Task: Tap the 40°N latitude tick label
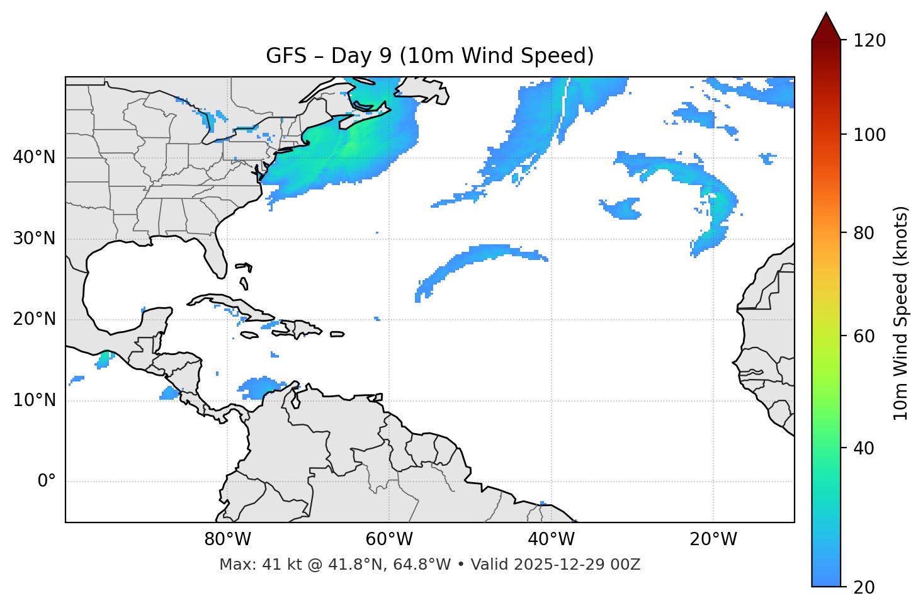click(34, 157)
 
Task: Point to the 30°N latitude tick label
click(34, 239)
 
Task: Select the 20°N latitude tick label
click(34, 319)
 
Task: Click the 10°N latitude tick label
click(34, 400)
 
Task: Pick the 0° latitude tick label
click(47, 482)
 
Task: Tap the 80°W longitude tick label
click(227, 539)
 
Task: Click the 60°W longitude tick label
click(389, 539)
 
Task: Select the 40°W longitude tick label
click(551, 539)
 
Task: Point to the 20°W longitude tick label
click(713, 539)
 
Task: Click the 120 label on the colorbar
click(869, 41)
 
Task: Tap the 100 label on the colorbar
click(869, 135)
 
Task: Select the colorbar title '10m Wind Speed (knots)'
click(901, 313)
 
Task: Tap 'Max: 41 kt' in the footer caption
click(246, 565)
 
